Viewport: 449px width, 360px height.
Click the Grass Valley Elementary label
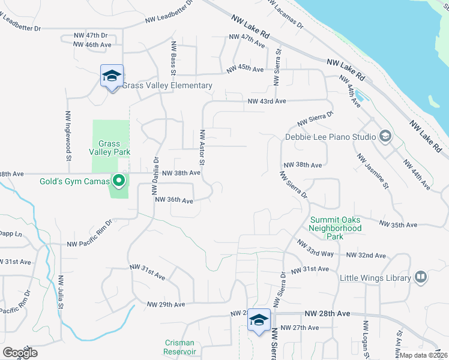pos(167,86)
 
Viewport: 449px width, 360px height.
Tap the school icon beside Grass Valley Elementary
pos(112,76)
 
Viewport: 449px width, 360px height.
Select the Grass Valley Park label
pos(110,148)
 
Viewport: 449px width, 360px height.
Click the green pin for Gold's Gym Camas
pos(119,180)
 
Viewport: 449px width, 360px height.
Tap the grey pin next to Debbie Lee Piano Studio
pos(385,136)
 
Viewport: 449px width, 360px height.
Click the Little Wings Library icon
pos(421,277)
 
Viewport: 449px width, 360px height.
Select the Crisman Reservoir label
pos(180,347)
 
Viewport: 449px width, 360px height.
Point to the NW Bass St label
pos(173,58)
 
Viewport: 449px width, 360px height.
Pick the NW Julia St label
pos(61,292)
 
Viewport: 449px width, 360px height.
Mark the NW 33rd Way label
pos(315,247)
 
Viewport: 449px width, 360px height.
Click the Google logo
pos(20,353)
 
